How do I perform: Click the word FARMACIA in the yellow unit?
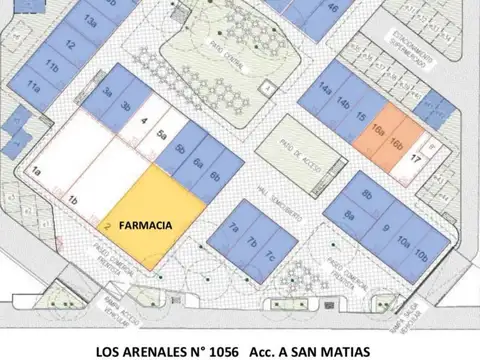tap(145, 225)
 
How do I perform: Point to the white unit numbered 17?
tap(414, 158)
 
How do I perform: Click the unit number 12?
tap(70, 46)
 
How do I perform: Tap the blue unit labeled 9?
tap(386, 228)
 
